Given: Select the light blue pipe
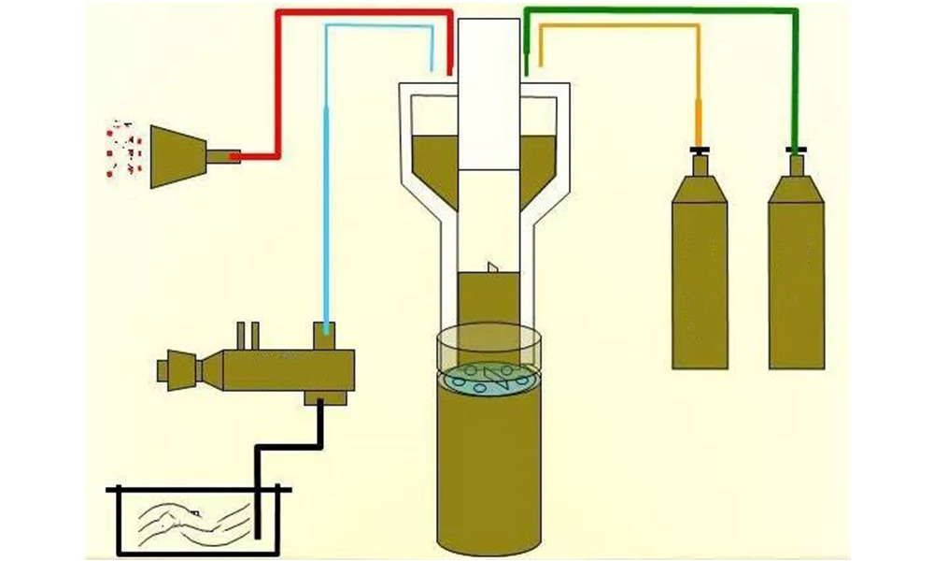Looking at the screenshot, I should [x=325, y=187].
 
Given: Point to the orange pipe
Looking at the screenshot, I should [x=616, y=26].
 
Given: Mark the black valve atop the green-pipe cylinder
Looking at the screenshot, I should [x=796, y=150].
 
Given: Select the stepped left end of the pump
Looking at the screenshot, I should [x=177, y=367].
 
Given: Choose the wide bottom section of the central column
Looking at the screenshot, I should [x=488, y=477].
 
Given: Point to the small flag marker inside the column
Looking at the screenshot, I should [x=492, y=268].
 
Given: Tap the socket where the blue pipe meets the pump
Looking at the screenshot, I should [x=325, y=329].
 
